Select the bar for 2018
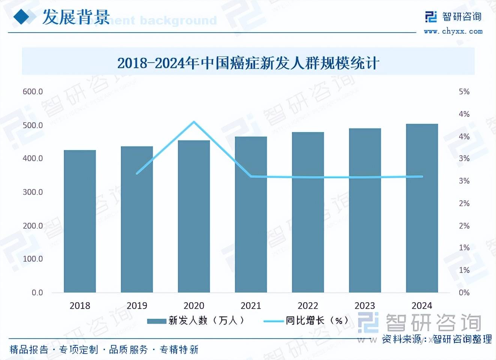[80, 221]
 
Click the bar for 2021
[251, 214]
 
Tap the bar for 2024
[422, 208]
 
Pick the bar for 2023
[365, 210]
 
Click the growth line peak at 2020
[194, 121]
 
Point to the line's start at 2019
[137, 173]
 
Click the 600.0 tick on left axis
[33, 91]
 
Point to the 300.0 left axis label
[33, 192]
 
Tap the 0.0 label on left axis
[37, 292]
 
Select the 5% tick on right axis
[464, 91]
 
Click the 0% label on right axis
[464, 292]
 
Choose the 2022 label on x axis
[308, 306]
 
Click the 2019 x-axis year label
[137, 306]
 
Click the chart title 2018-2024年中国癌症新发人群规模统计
[248, 63]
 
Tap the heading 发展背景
[76, 17]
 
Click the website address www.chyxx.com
[453, 31]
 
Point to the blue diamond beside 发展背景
[24, 16]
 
